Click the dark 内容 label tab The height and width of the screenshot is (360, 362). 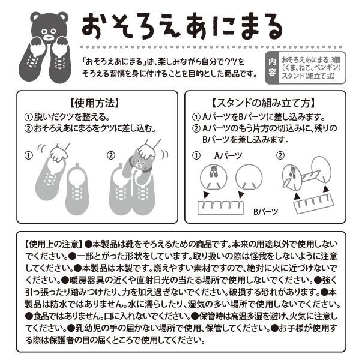coord(272,68)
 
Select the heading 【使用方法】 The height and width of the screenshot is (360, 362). coord(94,103)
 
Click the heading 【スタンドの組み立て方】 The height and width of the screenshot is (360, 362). coord(264,103)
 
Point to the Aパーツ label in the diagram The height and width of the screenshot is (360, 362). coord(228,156)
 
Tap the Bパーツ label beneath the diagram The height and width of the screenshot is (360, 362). coord(265,212)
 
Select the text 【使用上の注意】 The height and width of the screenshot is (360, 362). coord(53,244)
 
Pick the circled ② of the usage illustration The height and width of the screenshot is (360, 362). coord(111,155)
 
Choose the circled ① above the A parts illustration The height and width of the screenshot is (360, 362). coord(196,155)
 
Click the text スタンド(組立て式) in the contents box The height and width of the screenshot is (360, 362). coord(308,76)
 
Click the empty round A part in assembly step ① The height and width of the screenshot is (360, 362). coord(249,177)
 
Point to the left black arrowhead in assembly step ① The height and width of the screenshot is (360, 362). coord(206,195)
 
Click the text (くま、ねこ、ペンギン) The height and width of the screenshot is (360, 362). coord(311,68)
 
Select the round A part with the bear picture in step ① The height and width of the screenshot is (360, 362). coord(214,177)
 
